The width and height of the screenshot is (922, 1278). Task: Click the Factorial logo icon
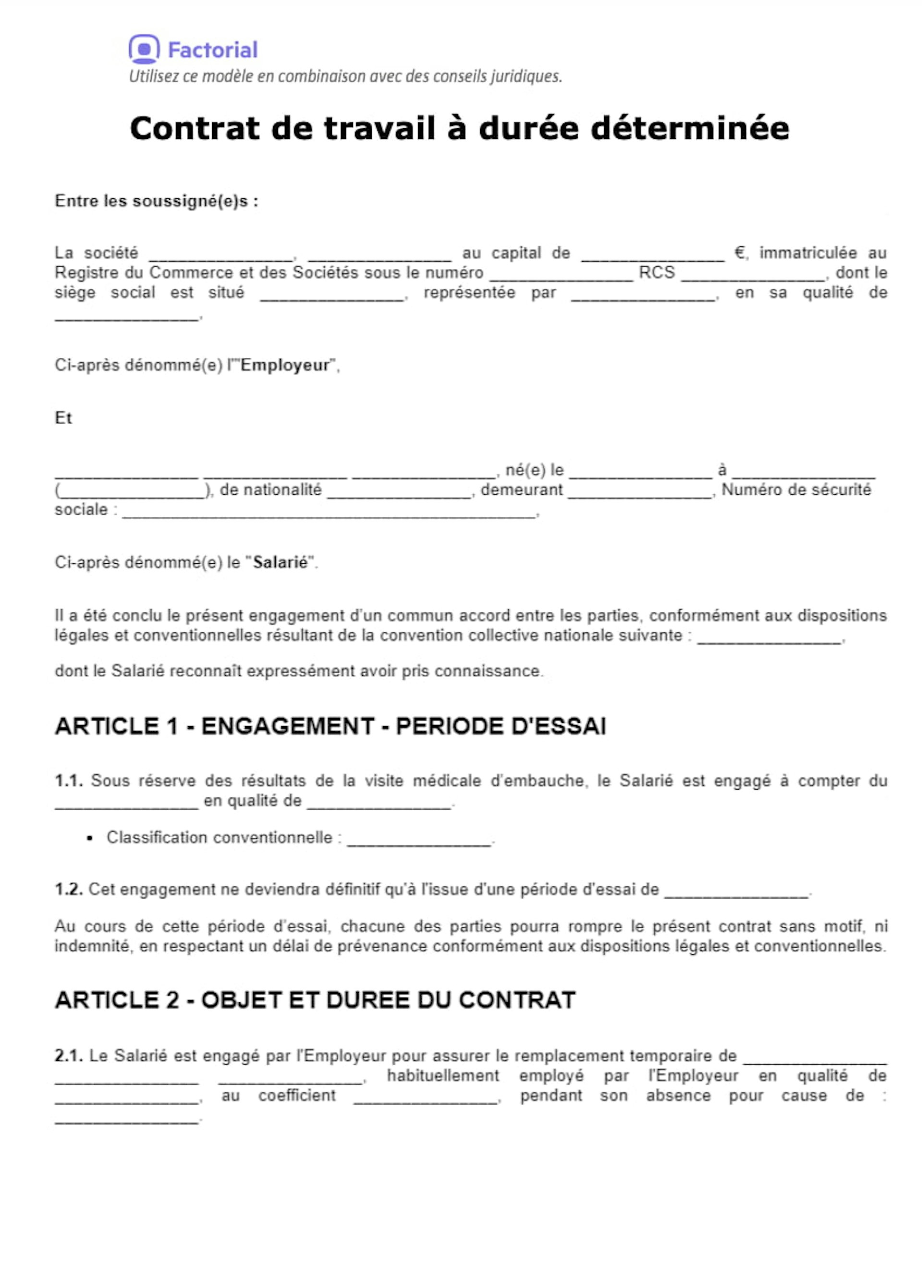click(144, 49)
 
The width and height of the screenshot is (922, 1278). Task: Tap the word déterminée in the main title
click(689, 129)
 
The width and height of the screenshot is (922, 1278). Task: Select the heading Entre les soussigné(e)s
click(156, 201)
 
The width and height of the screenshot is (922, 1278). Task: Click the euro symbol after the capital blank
click(740, 253)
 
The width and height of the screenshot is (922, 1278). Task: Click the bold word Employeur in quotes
click(285, 365)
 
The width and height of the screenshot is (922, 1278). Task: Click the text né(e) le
click(534, 470)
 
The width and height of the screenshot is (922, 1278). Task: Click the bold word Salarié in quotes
click(280, 562)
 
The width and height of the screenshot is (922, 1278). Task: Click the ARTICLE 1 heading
click(330, 726)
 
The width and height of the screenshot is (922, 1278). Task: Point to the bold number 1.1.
click(69, 781)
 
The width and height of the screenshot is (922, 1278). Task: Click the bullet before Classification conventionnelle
click(90, 839)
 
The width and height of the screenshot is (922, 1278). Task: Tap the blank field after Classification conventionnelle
click(419, 840)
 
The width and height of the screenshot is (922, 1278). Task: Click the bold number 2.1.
click(69, 1056)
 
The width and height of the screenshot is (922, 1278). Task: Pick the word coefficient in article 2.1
click(296, 1095)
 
